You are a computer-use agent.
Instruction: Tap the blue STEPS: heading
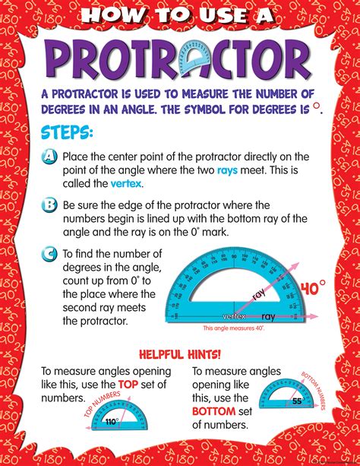(68, 133)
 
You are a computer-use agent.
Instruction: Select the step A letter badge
(49, 157)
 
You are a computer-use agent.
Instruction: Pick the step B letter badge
(49, 205)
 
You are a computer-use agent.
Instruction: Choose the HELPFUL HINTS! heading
(180, 353)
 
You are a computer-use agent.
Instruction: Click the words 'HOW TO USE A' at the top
(180, 14)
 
